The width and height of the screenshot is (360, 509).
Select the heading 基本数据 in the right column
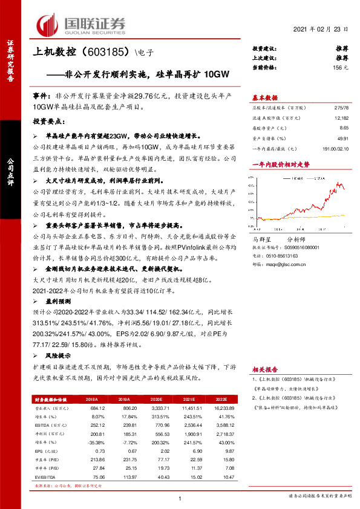tap(264, 97)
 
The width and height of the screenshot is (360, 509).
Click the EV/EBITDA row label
tap(44, 476)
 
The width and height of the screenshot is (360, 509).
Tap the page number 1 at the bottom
tap(180, 498)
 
